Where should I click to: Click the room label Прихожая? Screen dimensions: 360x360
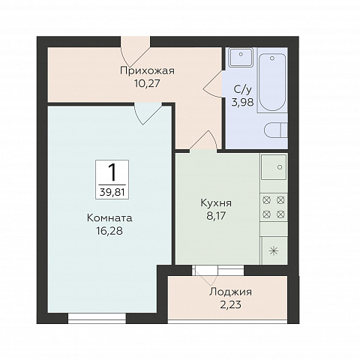click(x=147, y=71)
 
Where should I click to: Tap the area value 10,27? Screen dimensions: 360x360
click(x=147, y=83)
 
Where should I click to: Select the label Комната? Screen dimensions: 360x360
click(x=109, y=218)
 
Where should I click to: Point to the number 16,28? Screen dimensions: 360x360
click(x=109, y=231)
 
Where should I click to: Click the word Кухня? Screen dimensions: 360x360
click(x=216, y=203)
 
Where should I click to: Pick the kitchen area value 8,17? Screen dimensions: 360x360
click(x=216, y=216)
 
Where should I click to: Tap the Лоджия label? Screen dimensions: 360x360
click(x=230, y=292)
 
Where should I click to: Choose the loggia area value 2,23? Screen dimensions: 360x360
click(x=230, y=304)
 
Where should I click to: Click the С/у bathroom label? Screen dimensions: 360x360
click(x=242, y=89)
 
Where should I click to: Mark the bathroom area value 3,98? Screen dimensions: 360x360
click(x=242, y=102)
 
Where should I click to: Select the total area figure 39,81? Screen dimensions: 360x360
click(x=112, y=193)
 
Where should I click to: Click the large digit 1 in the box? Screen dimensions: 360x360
click(x=112, y=172)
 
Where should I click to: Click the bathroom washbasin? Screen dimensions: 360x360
click(x=241, y=57)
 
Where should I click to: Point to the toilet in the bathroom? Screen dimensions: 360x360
click(x=276, y=130)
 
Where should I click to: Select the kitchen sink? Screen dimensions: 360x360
click(x=274, y=167)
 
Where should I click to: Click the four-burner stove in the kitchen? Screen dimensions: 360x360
click(x=274, y=207)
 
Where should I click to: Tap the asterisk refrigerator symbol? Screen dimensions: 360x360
click(x=274, y=250)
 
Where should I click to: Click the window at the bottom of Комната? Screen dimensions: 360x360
click(x=97, y=318)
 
